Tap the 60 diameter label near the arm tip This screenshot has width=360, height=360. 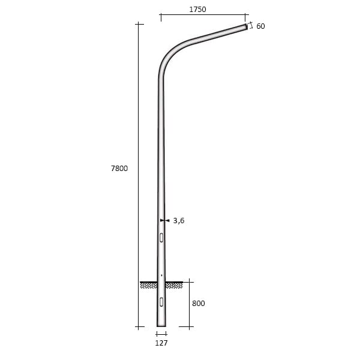point(260,26)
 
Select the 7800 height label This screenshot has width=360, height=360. point(119,169)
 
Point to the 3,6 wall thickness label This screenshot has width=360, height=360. point(178,221)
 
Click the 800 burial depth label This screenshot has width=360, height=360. point(198,304)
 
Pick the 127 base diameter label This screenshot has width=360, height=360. point(161,343)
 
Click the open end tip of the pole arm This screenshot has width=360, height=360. point(246,26)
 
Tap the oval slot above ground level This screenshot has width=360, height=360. point(161,238)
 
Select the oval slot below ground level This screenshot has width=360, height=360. point(161,301)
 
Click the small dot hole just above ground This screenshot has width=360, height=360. point(161,275)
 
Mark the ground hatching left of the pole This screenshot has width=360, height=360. point(148,285)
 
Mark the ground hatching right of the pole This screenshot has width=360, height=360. point(174,285)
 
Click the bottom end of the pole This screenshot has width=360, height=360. point(161,326)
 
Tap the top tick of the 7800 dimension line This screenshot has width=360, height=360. point(139,24)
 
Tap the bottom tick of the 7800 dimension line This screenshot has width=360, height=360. point(139,327)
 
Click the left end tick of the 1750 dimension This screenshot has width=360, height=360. point(161,16)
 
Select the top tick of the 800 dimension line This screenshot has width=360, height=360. point(190,281)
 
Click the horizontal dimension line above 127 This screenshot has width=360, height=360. point(161,334)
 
